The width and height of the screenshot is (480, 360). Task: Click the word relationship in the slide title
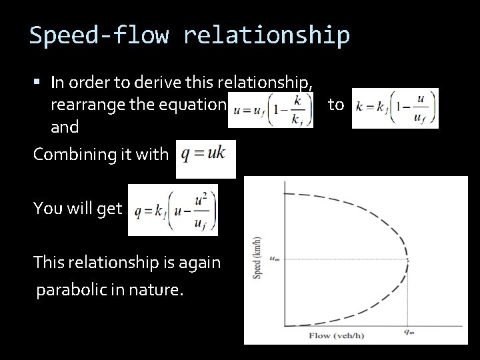[x=266, y=35]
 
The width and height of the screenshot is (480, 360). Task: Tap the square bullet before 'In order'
[x=39, y=83]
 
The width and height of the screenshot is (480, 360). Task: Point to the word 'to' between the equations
[x=336, y=105]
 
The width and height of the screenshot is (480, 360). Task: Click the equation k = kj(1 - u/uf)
[x=395, y=107]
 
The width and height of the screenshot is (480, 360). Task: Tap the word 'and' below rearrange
[x=65, y=127]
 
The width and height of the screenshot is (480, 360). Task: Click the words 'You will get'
[x=78, y=208]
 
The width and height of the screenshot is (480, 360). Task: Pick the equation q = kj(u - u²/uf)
[x=173, y=211]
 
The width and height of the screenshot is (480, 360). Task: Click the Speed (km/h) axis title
[x=256, y=258]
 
